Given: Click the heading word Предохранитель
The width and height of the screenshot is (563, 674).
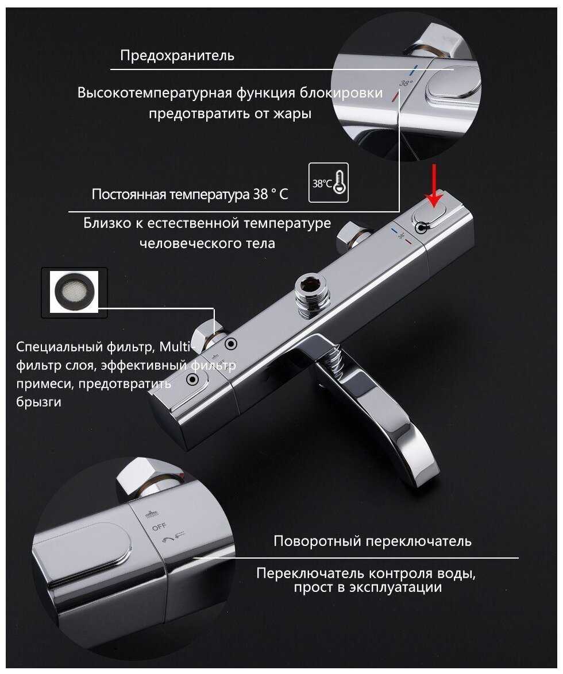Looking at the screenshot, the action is coord(177,56).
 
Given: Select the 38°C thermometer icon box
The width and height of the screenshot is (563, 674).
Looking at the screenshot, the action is coord(329,182).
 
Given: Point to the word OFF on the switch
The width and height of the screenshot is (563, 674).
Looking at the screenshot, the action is coord(159,526).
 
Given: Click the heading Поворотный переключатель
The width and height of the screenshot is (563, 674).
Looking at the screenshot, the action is coord(372,541).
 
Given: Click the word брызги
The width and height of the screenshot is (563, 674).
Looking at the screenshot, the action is coord(38,402).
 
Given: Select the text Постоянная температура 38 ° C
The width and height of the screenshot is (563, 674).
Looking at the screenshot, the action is coord(190,194).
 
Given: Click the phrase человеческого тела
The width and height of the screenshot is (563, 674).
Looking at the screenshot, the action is coord(207,243).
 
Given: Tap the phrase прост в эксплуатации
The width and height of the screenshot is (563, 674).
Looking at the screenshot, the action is coord(368,587).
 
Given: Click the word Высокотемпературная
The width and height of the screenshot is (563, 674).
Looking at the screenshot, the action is coord(155,93).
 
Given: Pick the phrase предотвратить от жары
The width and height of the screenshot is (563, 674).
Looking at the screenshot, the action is coord(230,114).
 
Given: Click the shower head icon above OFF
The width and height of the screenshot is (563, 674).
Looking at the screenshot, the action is coord(152,514).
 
